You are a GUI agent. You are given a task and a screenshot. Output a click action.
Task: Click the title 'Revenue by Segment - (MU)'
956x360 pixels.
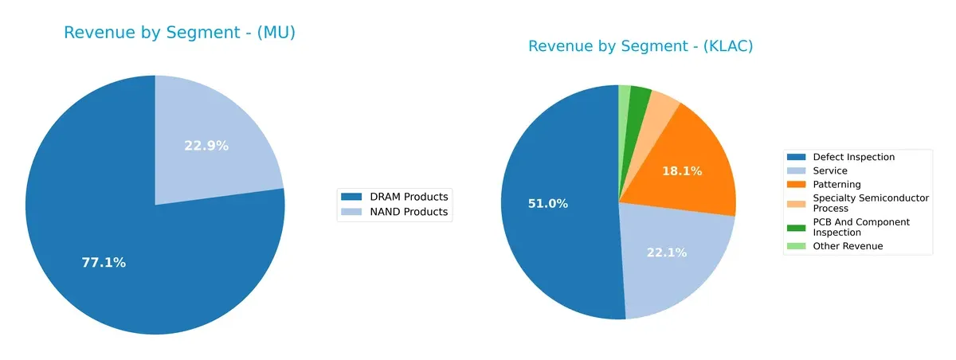(x=179, y=33)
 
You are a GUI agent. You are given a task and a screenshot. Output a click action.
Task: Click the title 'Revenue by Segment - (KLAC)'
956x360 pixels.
(x=641, y=47)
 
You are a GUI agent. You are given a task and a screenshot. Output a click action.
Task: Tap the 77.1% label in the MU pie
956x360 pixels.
(x=104, y=262)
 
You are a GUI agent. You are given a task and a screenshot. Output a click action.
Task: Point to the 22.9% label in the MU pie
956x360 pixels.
(x=206, y=146)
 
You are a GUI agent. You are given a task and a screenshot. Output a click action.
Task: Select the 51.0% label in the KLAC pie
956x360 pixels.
(x=547, y=204)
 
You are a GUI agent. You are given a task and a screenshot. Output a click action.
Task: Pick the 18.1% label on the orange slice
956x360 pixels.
(x=682, y=171)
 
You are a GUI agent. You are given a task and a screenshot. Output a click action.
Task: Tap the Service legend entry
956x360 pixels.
(x=829, y=170)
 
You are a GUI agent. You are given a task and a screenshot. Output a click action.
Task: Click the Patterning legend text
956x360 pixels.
(x=836, y=184)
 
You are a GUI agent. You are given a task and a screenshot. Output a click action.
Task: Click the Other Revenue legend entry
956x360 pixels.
(x=848, y=246)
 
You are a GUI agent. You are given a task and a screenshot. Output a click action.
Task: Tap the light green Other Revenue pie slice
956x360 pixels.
(x=625, y=96)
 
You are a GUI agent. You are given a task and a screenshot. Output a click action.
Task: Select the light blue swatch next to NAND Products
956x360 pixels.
(x=351, y=212)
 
